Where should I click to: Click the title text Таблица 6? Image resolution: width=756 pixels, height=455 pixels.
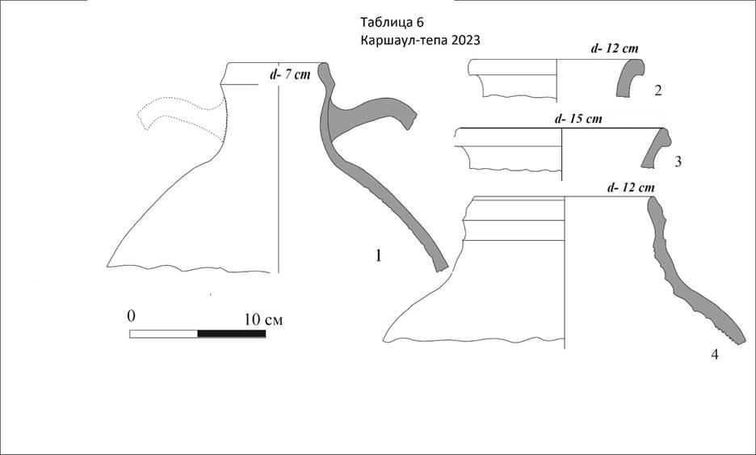(x=392, y=22)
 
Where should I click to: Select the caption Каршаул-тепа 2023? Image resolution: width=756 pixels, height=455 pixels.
(x=420, y=40)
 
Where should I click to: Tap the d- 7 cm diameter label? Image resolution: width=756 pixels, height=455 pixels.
(x=290, y=75)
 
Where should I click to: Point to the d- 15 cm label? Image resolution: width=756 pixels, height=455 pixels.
(x=578, y=119)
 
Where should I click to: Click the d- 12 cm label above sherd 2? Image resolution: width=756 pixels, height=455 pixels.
(x=614, y=48)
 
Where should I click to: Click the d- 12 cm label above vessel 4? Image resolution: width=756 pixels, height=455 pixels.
(x=631, y=187)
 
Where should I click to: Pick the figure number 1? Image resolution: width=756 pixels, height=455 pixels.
(x=379, y=255)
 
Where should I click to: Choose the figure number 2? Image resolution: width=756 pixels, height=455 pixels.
(x=658, y=90)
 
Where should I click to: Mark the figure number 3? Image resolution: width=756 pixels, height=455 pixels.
(x=678, y=162)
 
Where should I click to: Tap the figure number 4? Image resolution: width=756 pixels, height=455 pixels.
(x=715, y=355)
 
